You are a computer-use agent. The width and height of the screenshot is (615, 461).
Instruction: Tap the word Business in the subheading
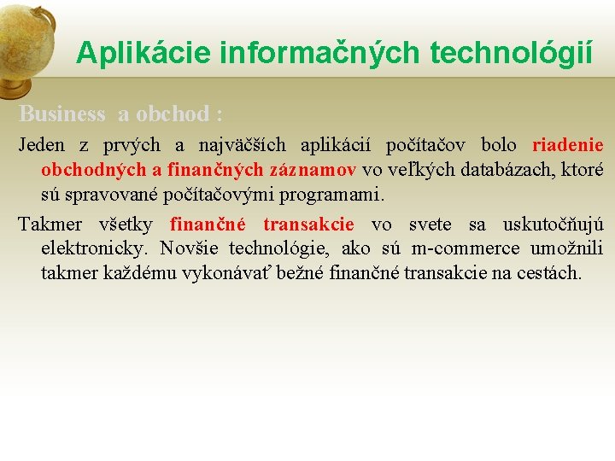[x=61, y=114]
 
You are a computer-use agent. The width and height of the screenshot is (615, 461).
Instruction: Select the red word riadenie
[x=567, y=145]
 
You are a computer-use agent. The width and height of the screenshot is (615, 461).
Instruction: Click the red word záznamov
[x=314, y=170]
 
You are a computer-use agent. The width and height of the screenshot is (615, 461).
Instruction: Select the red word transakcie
[x=308, y=225]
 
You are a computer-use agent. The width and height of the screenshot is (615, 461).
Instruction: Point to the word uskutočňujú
[x=553, y=225]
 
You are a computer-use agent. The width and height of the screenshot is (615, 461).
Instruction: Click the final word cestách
[x=549, y=274]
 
